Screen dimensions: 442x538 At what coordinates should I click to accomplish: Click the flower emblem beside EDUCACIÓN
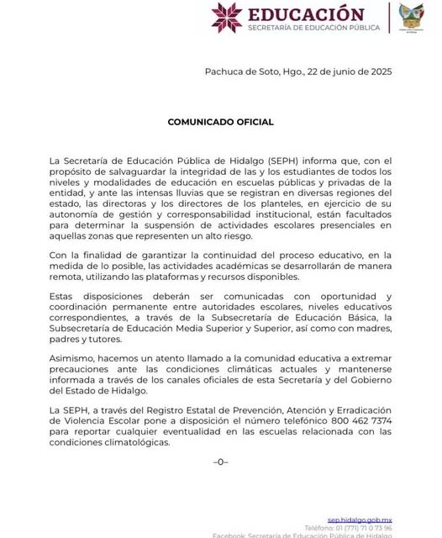(226, 17)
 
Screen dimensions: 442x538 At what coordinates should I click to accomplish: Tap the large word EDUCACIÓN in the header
(306, 14)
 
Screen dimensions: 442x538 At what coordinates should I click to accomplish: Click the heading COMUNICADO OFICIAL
(220, 122)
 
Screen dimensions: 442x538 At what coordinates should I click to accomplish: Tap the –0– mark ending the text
(220, 462)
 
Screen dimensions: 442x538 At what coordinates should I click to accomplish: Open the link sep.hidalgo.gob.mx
(360, 520)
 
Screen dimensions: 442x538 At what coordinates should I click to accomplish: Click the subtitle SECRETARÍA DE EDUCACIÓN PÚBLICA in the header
(313, 28)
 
